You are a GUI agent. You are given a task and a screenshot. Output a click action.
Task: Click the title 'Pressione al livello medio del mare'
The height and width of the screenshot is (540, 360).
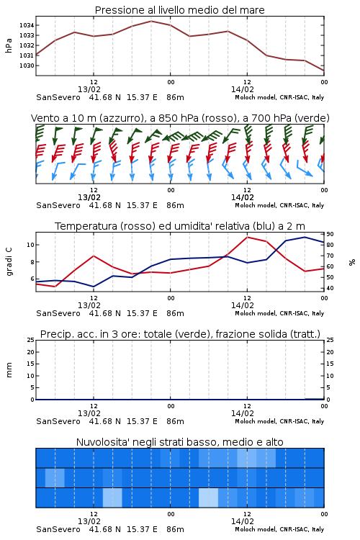coord(179,10)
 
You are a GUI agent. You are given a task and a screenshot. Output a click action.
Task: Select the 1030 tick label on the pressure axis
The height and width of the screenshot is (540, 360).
coord(26,66)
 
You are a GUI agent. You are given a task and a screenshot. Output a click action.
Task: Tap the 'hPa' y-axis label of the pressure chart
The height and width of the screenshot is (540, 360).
coord(9,45)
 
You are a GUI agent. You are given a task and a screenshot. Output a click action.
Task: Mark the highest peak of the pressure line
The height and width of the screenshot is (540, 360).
coord(151,21)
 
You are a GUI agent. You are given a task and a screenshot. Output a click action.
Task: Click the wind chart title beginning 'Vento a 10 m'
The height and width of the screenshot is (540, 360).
coord(180,118)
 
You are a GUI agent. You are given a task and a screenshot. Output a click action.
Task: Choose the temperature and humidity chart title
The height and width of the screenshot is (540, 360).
coord(180,226)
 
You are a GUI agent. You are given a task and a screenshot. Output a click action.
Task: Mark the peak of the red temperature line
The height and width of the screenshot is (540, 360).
coord(247,237)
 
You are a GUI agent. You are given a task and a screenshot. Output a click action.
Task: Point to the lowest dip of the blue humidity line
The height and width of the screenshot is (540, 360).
coord(94,287)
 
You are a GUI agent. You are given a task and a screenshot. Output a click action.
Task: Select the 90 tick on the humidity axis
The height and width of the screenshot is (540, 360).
coord(330,234)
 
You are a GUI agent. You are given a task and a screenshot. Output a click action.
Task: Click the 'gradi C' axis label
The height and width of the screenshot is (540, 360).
coord(9,261)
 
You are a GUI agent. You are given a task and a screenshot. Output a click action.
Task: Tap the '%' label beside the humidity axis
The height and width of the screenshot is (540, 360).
coord(352,262)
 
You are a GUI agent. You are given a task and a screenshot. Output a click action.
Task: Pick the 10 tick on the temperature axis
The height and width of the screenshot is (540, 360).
coord(30,245)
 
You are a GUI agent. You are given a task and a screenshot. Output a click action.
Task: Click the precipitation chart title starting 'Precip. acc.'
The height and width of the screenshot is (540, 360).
coord(180,334)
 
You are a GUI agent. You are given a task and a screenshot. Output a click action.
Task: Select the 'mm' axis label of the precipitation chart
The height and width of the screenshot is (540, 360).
coord(9,370)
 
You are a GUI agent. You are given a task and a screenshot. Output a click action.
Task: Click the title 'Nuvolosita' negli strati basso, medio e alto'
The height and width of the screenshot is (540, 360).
coord(179,442)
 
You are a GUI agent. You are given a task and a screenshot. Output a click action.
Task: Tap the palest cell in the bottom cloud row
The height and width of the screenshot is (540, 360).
coord(208,498)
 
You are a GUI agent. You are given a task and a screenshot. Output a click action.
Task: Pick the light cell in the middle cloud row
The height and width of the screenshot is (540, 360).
coord(55,477)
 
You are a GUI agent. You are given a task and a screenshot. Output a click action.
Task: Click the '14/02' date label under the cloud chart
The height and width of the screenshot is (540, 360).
coord(242,521)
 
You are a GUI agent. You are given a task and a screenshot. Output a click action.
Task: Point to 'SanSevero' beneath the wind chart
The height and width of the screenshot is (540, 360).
coord(58,205)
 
